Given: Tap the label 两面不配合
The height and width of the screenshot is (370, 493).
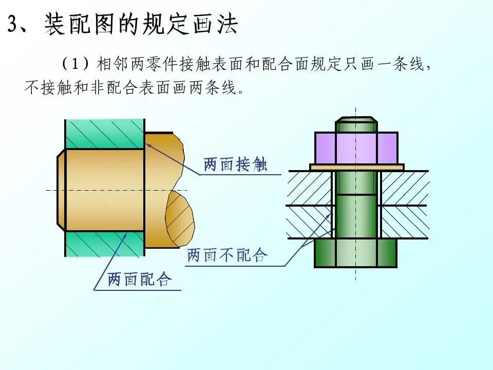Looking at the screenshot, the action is pyautogui.click(x=227, y=255).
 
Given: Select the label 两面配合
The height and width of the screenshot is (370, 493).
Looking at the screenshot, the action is pyautogui.click(x=139, y=280).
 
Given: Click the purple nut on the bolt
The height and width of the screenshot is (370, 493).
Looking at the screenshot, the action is pyautogui.click(x=356, y=148).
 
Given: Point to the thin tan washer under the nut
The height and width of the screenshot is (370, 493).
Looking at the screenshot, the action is pyautogui.click(x=357, y=167).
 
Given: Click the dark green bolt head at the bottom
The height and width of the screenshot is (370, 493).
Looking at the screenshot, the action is pyautogui.click(x=355, y=253).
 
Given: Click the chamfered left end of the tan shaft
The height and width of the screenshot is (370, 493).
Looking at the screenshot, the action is pyautogui.click(x=61, y=190).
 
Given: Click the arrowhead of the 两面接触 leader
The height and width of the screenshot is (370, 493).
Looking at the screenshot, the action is pyautogui.click(x=148, y=144).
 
